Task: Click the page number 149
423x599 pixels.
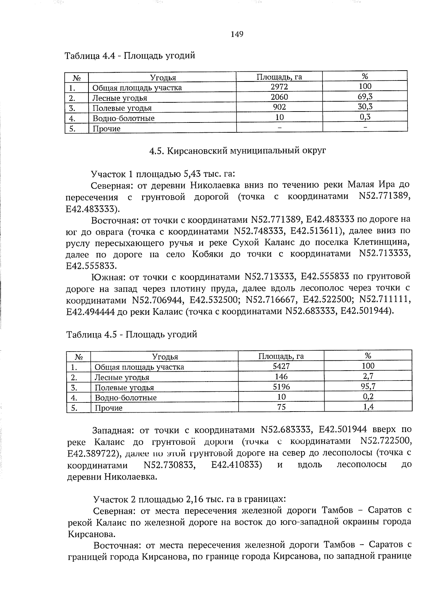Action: pyautogui.click(x=237, y=34)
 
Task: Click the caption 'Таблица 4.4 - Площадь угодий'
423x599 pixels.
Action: pyautogui.click(x=130, y=56)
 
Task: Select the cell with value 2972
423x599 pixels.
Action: pyautogui.click(x=279, y=87)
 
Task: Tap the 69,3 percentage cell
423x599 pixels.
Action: pyautogui.click(x=365, y=97)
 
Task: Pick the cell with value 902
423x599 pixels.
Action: pyautogui.click(x=279, y=107)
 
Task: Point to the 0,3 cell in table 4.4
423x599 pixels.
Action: pyautogui.click(x=365, y=117)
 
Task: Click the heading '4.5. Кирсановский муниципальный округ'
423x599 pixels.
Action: pyautogui.click(x=238, y=151)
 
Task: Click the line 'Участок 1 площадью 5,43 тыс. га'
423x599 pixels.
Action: pyautogui.click(x=163, y=174)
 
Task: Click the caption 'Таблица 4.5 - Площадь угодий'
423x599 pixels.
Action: pyautogui.click(x=131, y=334)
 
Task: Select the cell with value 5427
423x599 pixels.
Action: pyautogui.click(x=281, y=366)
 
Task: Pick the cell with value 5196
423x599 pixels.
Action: pyautogui.click(x=281, y=387)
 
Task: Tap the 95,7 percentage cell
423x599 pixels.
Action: pyautogui.click(x=368, y=387)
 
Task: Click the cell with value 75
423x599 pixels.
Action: pyautogui.click(x=281, y=407)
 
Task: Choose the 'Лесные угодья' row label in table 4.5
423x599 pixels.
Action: pyautogui.click(x=122, y=377)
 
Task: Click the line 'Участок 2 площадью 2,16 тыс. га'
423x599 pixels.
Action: pyautogui.click(x=189, y=499)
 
